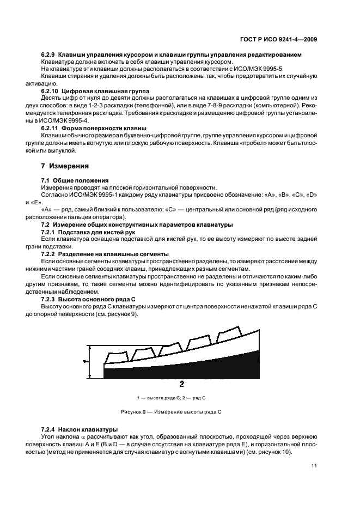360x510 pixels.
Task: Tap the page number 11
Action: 314,465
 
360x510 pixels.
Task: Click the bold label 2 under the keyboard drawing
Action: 181,384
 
